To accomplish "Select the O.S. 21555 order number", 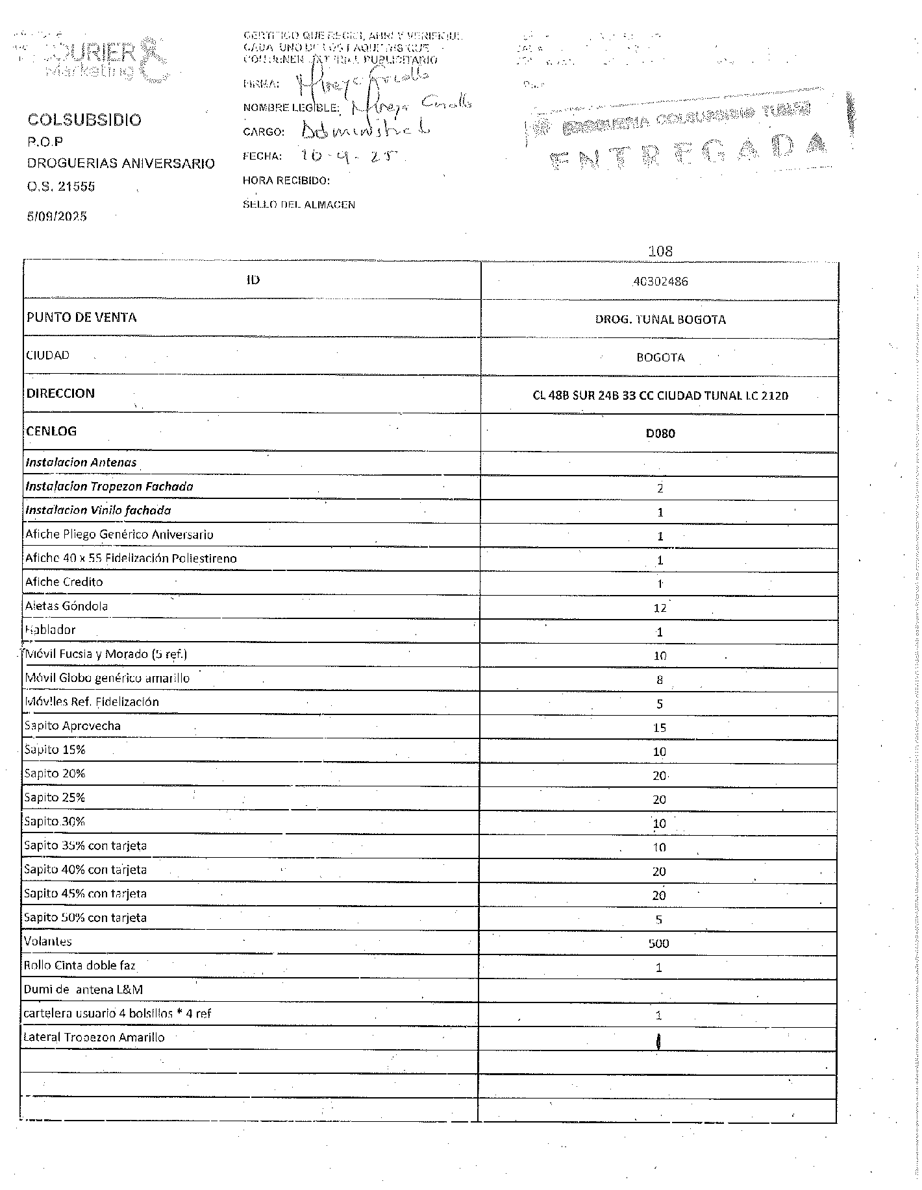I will pos(61,187).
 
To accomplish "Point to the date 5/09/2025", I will pos(57,216).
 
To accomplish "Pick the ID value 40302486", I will pos(660,282).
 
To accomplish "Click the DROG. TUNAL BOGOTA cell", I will pos(660,319).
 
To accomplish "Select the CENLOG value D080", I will pos(660,433).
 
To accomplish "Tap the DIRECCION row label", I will pos(60,393).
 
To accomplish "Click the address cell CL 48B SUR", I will pos(660,395).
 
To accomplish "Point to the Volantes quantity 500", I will pos(658,943).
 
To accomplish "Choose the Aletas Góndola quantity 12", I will pos(660,608).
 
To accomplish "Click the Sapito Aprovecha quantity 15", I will pos(660,728).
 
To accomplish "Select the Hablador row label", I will pos(50,630).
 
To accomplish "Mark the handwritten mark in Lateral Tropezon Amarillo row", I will pos(659,1041).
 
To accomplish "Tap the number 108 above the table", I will pos(660,251).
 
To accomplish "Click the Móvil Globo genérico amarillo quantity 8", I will pos(660,681).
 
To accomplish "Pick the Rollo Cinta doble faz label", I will pos(79,965).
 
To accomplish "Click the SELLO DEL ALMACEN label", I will pos(299,204).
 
